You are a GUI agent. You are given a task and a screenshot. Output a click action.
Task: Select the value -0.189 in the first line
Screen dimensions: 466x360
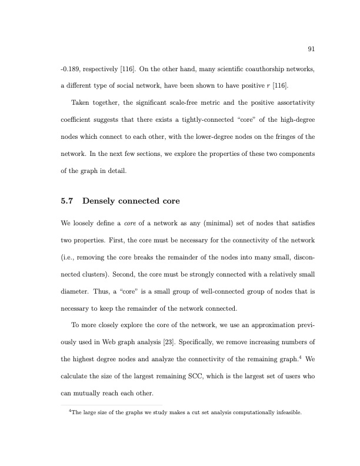(71, 69)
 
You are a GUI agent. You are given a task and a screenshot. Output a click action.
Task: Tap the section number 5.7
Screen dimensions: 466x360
(68, 202)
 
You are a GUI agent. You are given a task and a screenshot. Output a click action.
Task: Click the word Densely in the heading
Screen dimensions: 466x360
(101, 202)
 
